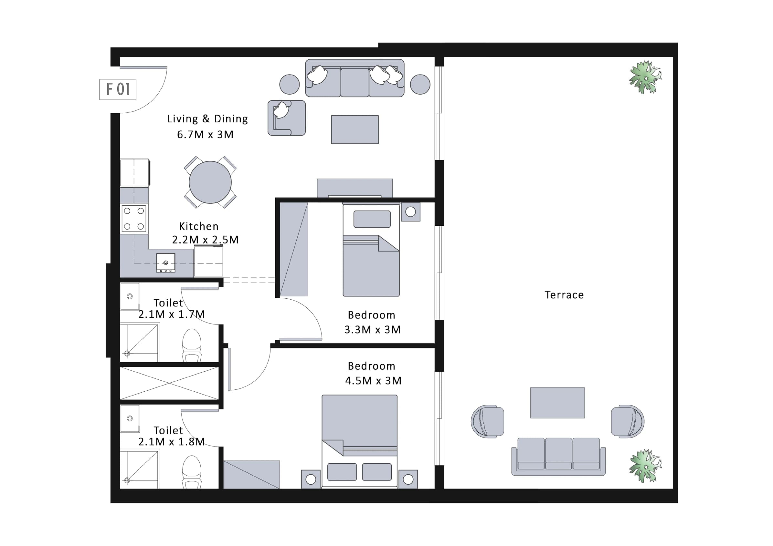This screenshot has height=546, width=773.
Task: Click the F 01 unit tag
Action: [118, 89]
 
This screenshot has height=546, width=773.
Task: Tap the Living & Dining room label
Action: [208, 119]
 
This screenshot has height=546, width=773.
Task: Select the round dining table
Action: [210, 182]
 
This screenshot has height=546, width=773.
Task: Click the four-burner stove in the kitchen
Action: [134, 219]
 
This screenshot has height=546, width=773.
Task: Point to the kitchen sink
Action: [166, 263]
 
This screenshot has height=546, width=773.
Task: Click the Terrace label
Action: [564, 295]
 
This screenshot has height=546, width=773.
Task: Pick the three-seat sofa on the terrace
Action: [558, 457]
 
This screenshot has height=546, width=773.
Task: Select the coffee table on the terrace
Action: [557, 403]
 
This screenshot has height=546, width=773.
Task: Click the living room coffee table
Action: [355, 129]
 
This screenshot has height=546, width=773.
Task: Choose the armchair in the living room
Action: [287, 118]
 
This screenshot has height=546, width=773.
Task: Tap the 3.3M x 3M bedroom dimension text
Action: [372, 330]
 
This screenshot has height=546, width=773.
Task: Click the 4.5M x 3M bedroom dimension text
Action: [373, 381]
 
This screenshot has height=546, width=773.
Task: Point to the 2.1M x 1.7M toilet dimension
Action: [172, 314]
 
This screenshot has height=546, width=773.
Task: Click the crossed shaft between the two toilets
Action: [169, 383]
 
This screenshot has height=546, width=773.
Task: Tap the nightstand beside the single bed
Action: [411, 212]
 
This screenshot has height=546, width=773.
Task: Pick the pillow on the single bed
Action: [372, 219]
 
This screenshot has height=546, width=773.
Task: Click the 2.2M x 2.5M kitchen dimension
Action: [206, 240]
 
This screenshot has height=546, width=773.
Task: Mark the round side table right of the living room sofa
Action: [420, 84]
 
